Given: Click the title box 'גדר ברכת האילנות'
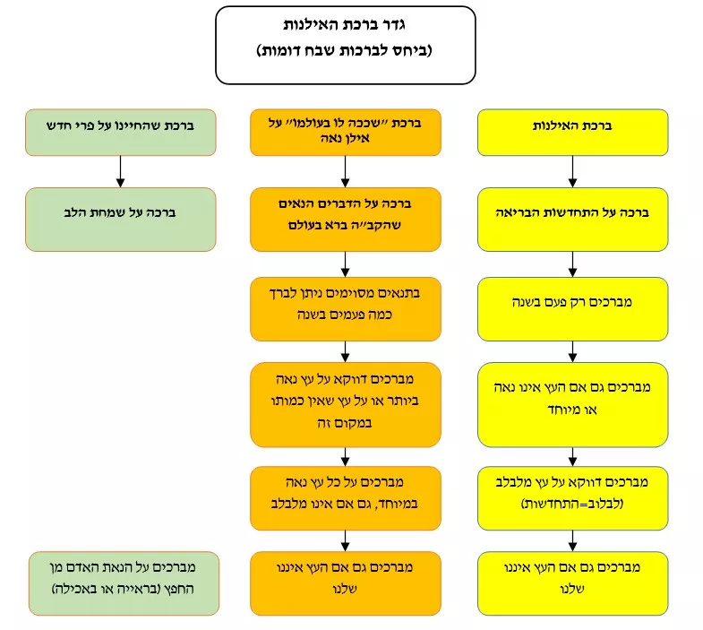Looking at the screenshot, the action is (345, 45).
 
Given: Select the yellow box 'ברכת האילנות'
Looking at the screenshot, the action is (572, 133).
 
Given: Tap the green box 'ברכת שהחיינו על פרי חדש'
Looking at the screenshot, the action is (121, 133).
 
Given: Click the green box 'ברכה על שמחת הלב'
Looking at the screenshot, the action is (121, 220).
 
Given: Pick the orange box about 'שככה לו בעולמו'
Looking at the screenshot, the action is (345, 133).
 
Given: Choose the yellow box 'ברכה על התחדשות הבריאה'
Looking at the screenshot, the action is (572, 220).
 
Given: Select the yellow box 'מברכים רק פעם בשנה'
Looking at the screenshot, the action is (572, 309).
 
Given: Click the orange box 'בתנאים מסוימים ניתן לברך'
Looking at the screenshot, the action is (345, 309).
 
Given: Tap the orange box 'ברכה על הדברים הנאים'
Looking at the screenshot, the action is (345, 220).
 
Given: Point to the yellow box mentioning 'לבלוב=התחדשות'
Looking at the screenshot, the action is (572, 498).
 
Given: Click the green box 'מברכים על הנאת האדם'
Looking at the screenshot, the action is (124, 583).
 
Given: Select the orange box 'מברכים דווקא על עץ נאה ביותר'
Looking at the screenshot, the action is (345, 405).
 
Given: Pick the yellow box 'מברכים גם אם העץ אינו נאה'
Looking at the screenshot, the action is (572, 405).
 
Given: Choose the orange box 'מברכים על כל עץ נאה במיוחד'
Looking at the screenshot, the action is (345, 498).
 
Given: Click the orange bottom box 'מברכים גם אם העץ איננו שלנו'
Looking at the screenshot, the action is (345, 583).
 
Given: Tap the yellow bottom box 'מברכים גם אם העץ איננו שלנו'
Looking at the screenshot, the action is (572, 583).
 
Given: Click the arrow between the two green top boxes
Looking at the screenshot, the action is (120, 172).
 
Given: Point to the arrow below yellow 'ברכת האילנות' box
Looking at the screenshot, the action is (572, 172).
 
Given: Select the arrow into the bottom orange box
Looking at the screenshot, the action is (345, 540).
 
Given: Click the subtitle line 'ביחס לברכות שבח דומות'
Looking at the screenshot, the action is (344, 50).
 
